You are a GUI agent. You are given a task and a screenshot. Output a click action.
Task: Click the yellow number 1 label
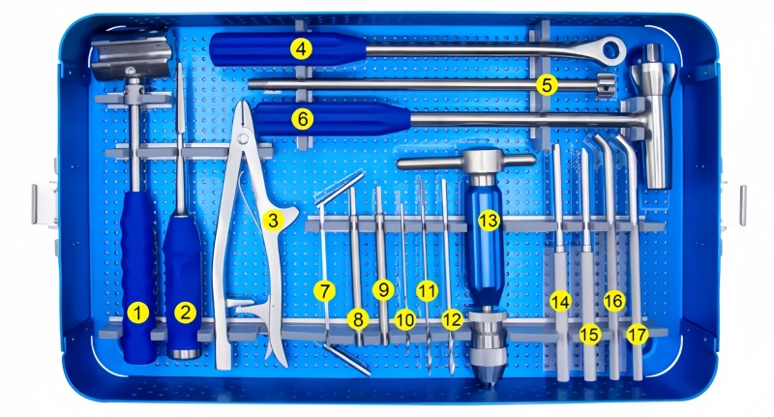(x=137, y=313)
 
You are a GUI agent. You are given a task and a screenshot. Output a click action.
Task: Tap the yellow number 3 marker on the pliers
(x=273, y=220)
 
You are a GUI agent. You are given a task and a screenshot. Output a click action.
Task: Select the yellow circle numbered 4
(x=301, y=48)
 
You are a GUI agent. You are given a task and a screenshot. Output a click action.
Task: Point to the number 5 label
(x=547, y=85)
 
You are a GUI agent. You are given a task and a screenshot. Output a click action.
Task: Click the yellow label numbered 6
(x=302, y=119)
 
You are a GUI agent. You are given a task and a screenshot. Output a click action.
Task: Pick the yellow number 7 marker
(x=324, y=290)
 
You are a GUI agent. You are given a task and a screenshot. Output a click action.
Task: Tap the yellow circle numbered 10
(x=404, y=320)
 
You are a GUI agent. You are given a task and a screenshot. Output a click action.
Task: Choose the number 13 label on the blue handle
(x=489, y=221)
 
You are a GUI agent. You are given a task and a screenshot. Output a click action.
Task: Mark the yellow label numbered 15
(x=589, y=335)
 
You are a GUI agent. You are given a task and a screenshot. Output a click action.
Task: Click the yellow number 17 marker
(x=637, y=335)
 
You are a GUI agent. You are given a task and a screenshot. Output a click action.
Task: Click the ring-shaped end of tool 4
(x=610, y=49)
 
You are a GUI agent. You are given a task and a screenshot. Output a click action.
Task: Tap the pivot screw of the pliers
(x=243, y=138)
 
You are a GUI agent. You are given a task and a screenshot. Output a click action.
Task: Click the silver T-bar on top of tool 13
(x=466, y=161)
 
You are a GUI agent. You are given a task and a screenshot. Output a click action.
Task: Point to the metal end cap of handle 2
(x=184, y=354)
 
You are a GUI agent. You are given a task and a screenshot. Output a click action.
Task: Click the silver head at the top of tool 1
(x=131, y=55)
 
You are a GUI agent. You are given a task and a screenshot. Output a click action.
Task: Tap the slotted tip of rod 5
(x=607, y=85)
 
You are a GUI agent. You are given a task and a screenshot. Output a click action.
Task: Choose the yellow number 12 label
(x=452, y=320)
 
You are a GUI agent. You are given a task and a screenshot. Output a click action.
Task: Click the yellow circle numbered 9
(x=383, y=290)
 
